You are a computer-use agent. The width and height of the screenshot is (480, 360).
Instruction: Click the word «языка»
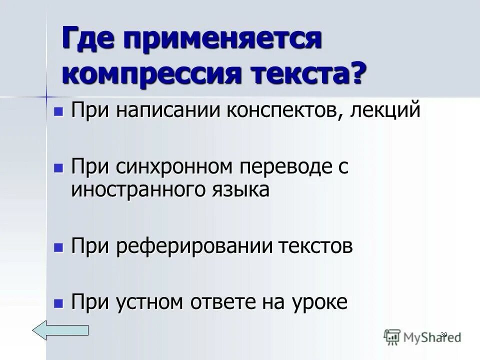pyautogui.click(x=238, y=190)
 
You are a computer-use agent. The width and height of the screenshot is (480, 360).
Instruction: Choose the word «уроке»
pyautogui.click(x=320, y=302)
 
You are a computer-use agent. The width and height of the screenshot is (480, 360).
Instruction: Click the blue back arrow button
pyautogui.click(x=60, y=330)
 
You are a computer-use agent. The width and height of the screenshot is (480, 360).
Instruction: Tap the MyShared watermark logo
pyautogui.click(x=422, y=336)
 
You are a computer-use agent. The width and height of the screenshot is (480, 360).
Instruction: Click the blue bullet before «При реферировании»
pyautogui.click(x=58, y=246)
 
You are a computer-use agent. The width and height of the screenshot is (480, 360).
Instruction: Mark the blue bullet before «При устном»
pyautogui.click(x=58, y=302)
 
